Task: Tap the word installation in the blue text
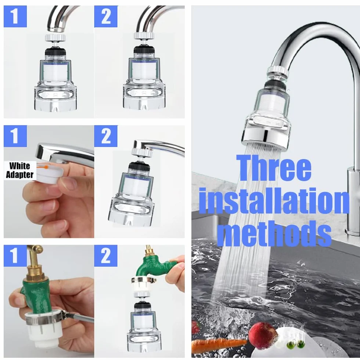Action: (274, 201)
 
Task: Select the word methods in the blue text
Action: (274, 234)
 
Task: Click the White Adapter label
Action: (19, 170)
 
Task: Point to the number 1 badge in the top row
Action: (15, 17)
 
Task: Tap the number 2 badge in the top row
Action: (106, 17)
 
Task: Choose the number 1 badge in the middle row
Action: (15, 136)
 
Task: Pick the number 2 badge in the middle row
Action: (106, 136)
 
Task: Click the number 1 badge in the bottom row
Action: (15, 256)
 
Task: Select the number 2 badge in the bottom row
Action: (106, 256)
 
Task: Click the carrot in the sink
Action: (218, 344)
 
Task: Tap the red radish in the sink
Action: (263, 333)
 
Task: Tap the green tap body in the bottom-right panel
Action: (151, 267)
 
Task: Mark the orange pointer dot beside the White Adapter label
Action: (47, 167)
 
